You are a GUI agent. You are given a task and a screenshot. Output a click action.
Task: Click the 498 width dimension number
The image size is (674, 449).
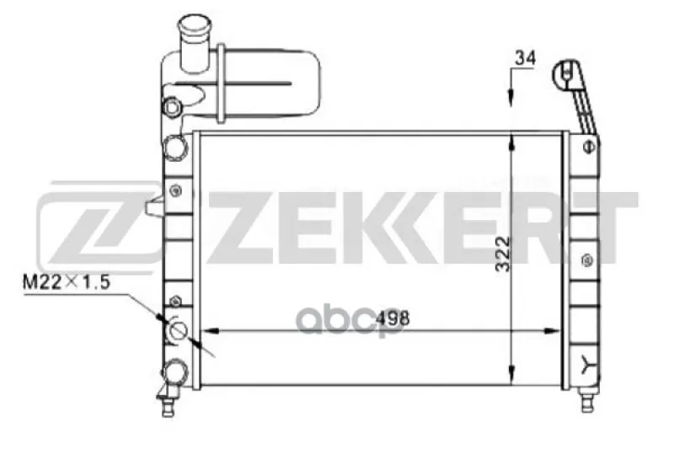pyautogui.click(x=393, y=318)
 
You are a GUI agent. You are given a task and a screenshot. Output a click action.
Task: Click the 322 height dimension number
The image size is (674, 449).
pyautogui.click(x=502, y=254)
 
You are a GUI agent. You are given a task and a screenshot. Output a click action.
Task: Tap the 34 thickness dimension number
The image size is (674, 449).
pyautogui.click(x=525, y=58)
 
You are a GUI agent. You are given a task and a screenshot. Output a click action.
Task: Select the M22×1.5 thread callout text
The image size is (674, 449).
pyautogui.click(x=67, y=282)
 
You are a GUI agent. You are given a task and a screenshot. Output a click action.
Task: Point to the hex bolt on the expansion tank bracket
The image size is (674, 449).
pyautogui.click(x=172, y=106)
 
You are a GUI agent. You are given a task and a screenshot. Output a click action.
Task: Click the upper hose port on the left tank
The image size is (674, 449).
pyautogui.click(x=176, y=147)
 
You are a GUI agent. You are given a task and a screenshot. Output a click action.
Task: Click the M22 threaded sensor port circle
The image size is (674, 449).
pyautogui.click(x=177, y=330)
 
